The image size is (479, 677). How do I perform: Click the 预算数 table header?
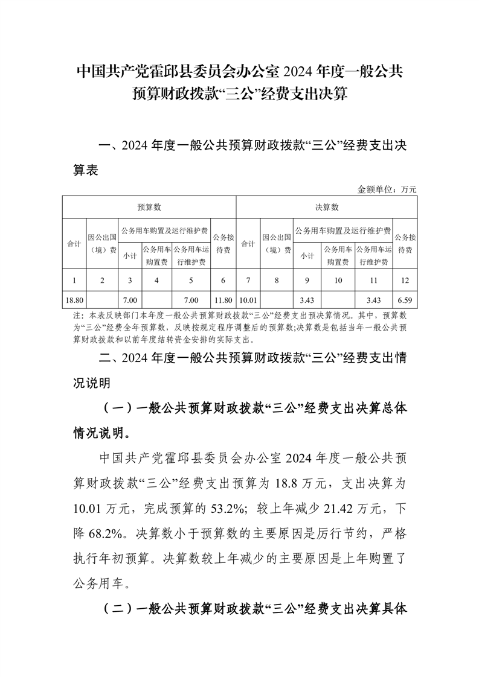pos(149,207)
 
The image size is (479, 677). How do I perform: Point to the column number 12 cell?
pos(405,280)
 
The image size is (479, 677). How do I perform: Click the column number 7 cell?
pos(248,280)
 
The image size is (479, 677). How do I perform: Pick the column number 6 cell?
pos(223,280)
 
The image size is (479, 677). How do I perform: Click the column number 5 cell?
pos(191,280)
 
